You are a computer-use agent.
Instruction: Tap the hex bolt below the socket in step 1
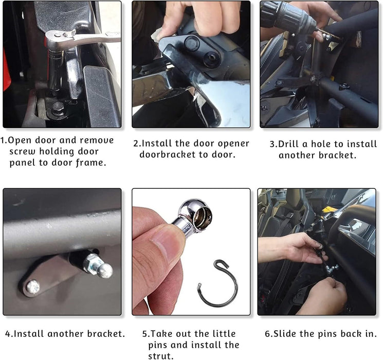point(58,107)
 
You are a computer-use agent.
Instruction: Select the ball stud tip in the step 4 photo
point(105,271)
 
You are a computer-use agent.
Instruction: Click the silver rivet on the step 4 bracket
point(33,287)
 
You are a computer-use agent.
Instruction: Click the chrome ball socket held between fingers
point(195,215)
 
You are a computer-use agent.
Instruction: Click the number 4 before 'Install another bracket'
point(8,334)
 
